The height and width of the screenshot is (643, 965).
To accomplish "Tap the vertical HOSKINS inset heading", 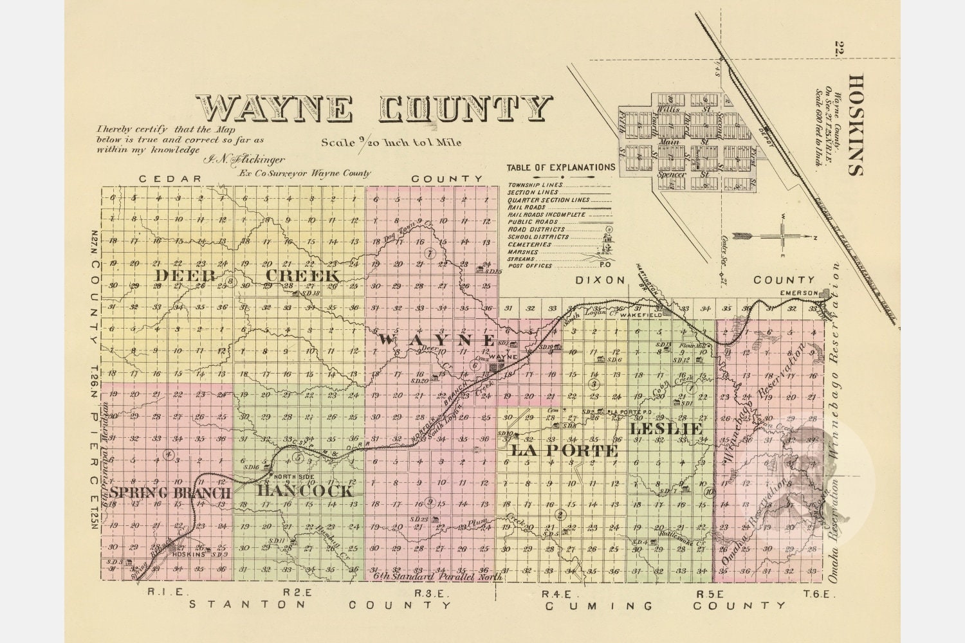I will (x=855, y=125).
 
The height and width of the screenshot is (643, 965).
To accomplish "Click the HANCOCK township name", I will (x=305, y=491).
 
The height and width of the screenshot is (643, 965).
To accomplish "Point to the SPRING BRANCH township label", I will (x=170, y=493).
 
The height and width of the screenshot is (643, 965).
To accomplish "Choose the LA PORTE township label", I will (x=564, y=451).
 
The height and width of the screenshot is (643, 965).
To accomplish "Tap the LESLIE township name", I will (x=665, y=428).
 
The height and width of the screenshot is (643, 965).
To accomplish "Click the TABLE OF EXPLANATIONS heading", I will (x=560, y=167).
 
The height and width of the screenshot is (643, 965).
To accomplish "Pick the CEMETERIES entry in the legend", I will (x=530, y=245).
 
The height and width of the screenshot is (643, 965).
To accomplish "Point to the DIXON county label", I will (x=600, y=280).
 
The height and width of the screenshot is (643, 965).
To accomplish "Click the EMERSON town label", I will (x=798, y=293).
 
